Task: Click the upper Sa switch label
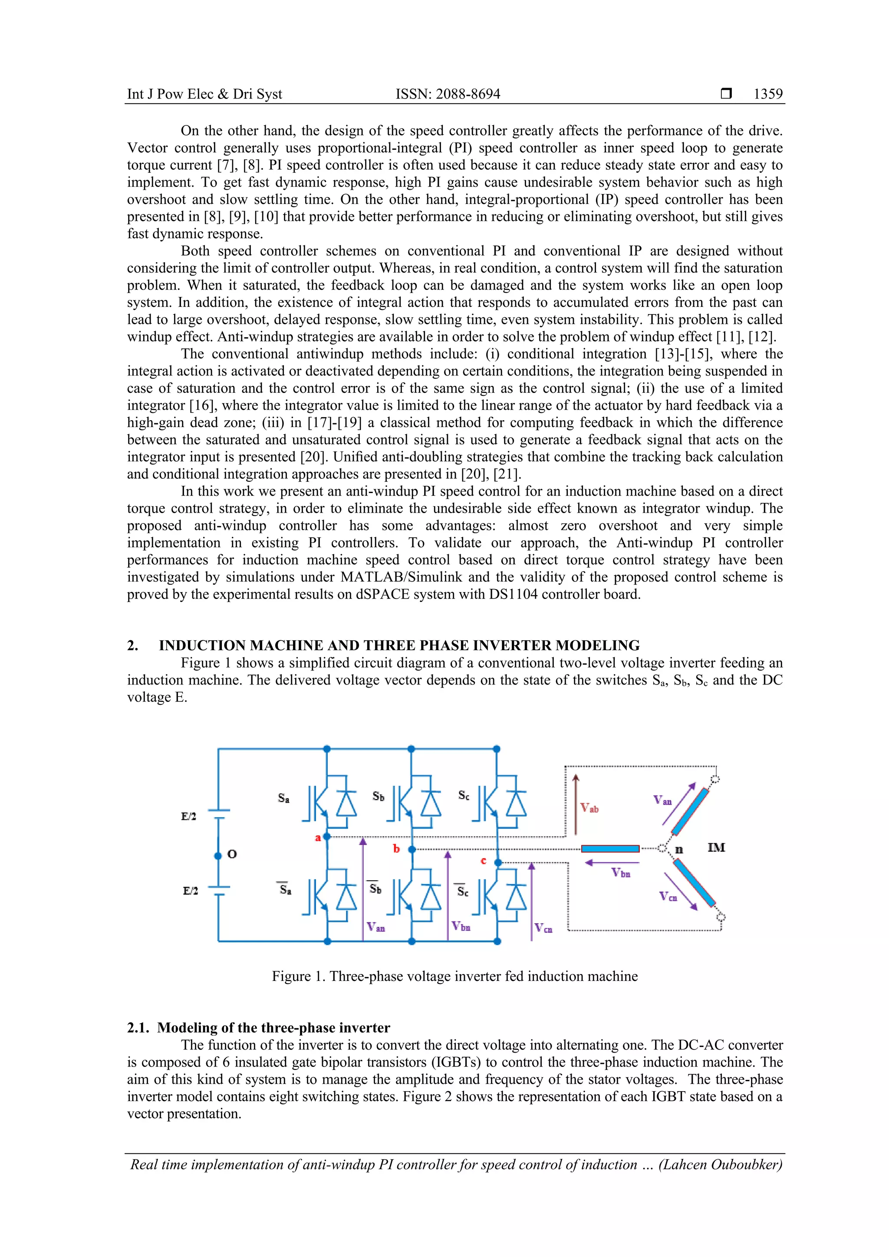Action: point(283,798)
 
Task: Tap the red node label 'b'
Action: point(396,849)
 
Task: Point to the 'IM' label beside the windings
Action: point(716,848)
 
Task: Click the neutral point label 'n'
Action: point(679,850)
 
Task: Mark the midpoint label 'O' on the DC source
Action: point(232,854)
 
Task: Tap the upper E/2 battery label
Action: point(189,816)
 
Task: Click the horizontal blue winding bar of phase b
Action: point(610,849)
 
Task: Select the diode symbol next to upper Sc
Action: point(516,804)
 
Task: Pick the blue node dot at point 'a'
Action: point(327,836)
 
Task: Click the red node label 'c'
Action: point(484,861)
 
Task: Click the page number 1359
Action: point(767,94)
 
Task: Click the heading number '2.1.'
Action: point(138,1028)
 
